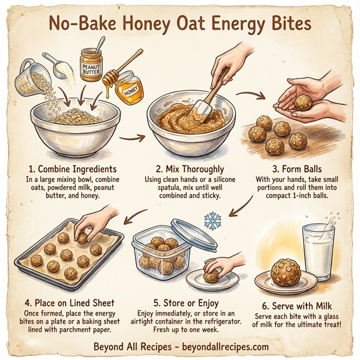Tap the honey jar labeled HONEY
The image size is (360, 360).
[x=128, y=88]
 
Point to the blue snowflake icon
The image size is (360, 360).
[x=212, y=221]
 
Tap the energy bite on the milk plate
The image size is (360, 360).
[x=286, y=273]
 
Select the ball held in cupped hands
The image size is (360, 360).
[x=303, y=103]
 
